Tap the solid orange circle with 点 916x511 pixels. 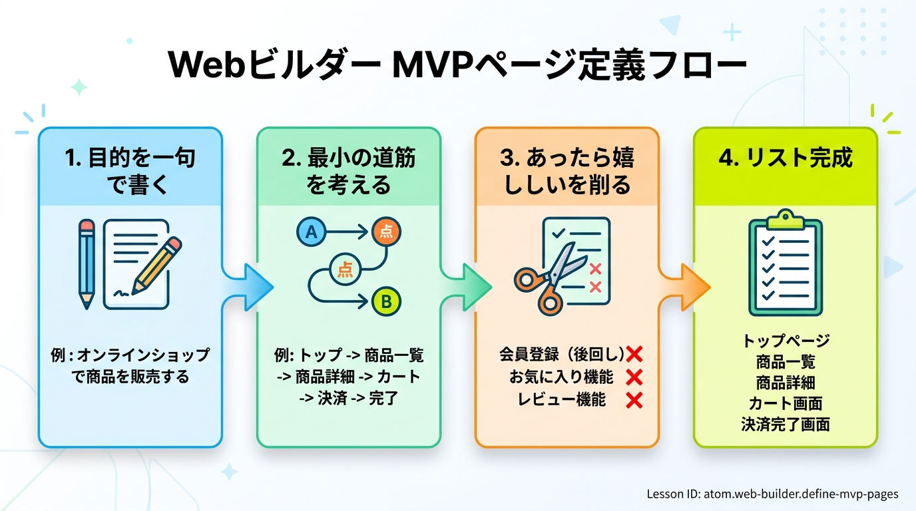[386, 231]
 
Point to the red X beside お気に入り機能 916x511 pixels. [634, 377]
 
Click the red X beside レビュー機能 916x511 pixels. [634, 401]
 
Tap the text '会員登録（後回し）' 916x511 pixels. [561, 353]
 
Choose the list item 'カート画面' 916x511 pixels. [786, 403]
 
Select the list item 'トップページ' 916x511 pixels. [786, 341]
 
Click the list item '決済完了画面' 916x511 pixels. [786, 424]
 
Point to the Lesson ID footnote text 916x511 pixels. [772, 494]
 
